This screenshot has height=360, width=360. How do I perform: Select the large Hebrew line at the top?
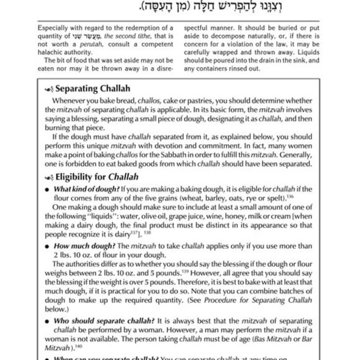pyautogui.click(x=180, y=7)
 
